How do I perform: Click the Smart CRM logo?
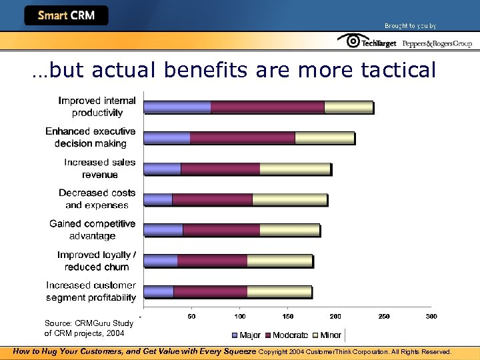tap(66, 15)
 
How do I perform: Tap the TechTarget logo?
tap(367, 42)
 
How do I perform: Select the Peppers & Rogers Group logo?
tap(437, 43)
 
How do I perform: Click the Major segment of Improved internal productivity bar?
tap(177, 107)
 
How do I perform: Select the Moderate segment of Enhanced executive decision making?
tap(242, 138)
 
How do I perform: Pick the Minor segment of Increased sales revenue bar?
tap(295, 169)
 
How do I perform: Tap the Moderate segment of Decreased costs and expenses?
tap(212, 199)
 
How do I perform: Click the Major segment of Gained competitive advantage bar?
tap(163, 230)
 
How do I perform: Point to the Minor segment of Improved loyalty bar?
tap(279, 261)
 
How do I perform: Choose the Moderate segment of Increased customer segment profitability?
tap(210, 291)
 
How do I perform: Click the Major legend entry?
tap(246, 335)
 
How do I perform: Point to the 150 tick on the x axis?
tap(287, 316)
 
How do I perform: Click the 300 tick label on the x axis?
tap(431, 316)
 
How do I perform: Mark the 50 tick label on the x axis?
tap(191, 316)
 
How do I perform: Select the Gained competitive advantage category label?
tap(92, 230)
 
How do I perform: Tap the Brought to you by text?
tap(410, 25)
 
